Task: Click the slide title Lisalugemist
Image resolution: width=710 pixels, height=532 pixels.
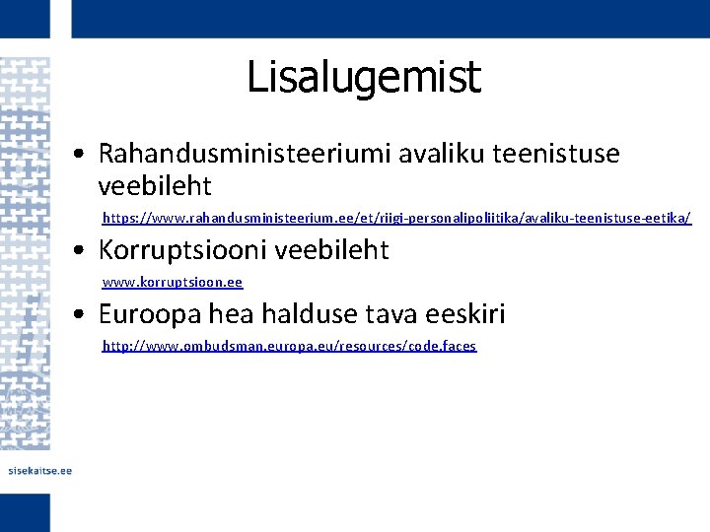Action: pyautogui.click(x=363, y=77)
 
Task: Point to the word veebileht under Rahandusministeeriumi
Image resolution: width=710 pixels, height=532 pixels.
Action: pyautogui.click(x=155, y=185)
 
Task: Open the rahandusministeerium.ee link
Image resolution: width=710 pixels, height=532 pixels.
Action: pyautogui.click(x=396, y=218)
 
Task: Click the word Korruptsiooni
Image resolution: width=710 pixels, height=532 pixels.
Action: pyautogui.click(x=183, y=250)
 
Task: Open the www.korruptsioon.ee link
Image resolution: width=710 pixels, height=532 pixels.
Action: pyautogui.click(x=173, y=282)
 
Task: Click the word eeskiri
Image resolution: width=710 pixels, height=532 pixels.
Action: pyautogui.click(x=463, y=314)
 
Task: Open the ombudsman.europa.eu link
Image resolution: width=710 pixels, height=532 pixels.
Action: pyautogui.click(x=289, y=346)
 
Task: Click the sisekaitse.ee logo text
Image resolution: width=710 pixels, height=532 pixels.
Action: pyautogui.click(x=39, y=471)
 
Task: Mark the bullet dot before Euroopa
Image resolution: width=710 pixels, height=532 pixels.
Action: pyautogui.click(x=88, y=316)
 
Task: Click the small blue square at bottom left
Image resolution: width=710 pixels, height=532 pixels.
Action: pyautogui.click(x=25, y=512)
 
